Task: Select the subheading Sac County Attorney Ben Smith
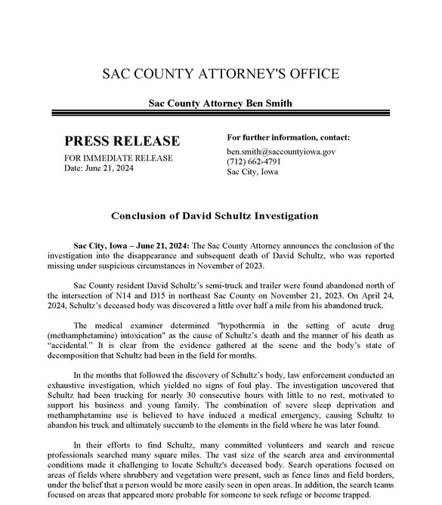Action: click(221, 103)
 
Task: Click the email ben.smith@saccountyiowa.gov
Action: click(281, 151)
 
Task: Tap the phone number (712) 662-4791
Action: click(254, 162)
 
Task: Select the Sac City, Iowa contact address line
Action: click(252, 171)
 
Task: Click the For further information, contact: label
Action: click(289, 137)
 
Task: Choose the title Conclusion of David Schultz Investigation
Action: click(215, 216)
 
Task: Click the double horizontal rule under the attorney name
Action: click(221, 114)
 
